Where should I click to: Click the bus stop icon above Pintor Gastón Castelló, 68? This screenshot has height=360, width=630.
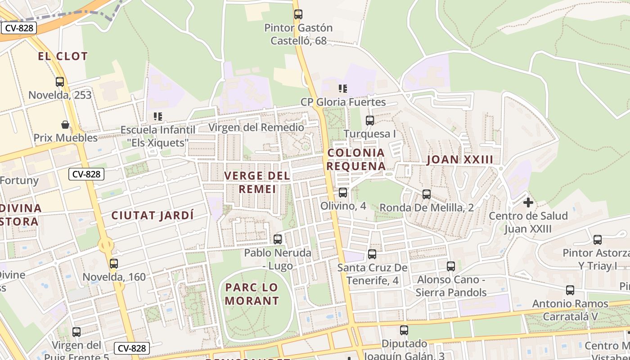click(x=298, y=14)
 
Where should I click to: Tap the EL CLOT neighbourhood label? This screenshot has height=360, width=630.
click(x=63, y=56)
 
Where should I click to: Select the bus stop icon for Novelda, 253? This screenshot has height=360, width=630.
click(x=60, y=82)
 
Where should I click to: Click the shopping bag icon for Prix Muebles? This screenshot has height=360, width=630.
click(x=65, y=124)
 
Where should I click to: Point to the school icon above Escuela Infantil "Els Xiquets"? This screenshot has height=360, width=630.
click(x=157, y=117)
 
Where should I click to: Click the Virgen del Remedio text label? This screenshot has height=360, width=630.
click(x=256, y=127)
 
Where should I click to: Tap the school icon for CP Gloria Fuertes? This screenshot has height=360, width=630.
click(x=343, y=89)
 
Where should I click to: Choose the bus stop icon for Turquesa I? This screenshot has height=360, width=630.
click(x=369, y=120)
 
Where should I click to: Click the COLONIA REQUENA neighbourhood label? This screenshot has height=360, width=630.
click(x=356, y=159)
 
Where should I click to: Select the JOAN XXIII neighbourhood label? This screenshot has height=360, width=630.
click(x=459, y=159)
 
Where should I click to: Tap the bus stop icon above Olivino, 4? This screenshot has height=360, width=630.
click(x=343, y=193)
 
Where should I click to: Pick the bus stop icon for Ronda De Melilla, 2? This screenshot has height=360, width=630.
click(x=426, y=194)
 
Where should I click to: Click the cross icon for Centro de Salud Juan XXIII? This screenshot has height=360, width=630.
click(x=528, y=202)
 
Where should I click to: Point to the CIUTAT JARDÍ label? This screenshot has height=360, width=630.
click(x=153, y=215)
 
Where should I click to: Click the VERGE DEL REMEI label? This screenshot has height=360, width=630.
click(x=257, y=182)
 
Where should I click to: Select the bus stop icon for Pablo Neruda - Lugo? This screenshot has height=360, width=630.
click(x=278, y=239)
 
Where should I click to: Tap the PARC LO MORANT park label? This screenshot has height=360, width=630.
click(x=252, y=294)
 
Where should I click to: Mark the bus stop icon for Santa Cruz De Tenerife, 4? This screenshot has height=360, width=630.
click(x=372, y=254)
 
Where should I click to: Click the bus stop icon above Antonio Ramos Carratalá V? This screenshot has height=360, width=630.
click(x=570, y=290)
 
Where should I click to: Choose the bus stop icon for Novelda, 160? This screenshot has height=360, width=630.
click(x=114, y=264)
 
